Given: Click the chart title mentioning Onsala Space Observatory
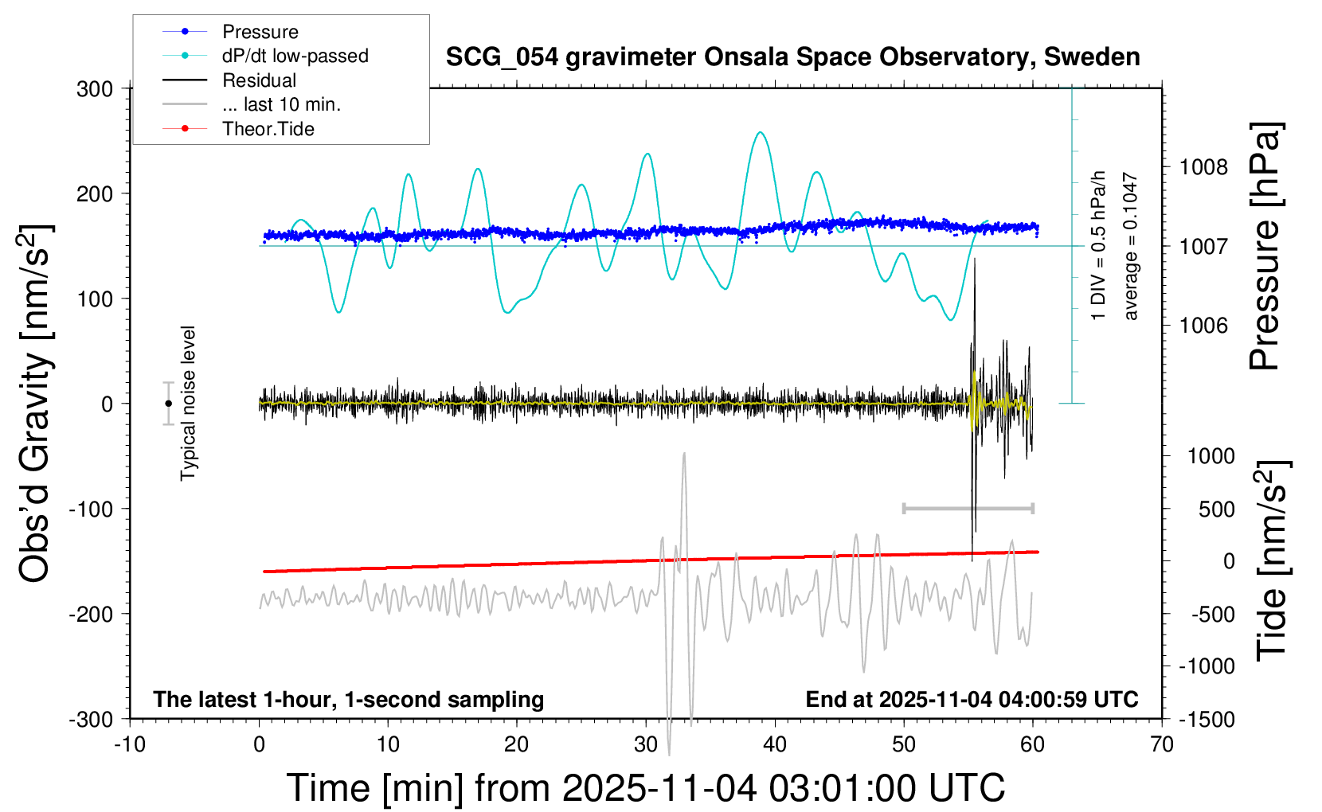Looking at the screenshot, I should [792, 57].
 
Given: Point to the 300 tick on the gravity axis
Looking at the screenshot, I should [95, 88].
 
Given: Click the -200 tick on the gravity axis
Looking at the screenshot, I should [91, 614].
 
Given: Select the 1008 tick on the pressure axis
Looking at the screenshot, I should [1203, 167].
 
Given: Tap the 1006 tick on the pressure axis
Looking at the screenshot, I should [1203, 325].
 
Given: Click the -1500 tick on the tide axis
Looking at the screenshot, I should [1207, 719].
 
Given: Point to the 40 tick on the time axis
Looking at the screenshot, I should [775, 745].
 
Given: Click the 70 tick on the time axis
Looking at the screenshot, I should [1162, 745].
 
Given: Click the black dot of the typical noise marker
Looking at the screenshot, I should [168, 404].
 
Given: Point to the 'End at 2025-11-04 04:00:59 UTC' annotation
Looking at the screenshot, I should [972, 700].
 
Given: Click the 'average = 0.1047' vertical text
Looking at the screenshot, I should [1131, 247].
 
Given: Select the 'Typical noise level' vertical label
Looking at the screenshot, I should [188, 403].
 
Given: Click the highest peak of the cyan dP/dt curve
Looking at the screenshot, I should [761, 132].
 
